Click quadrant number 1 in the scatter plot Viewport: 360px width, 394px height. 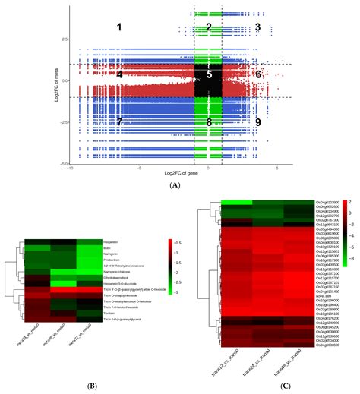(x=118, y=27)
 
